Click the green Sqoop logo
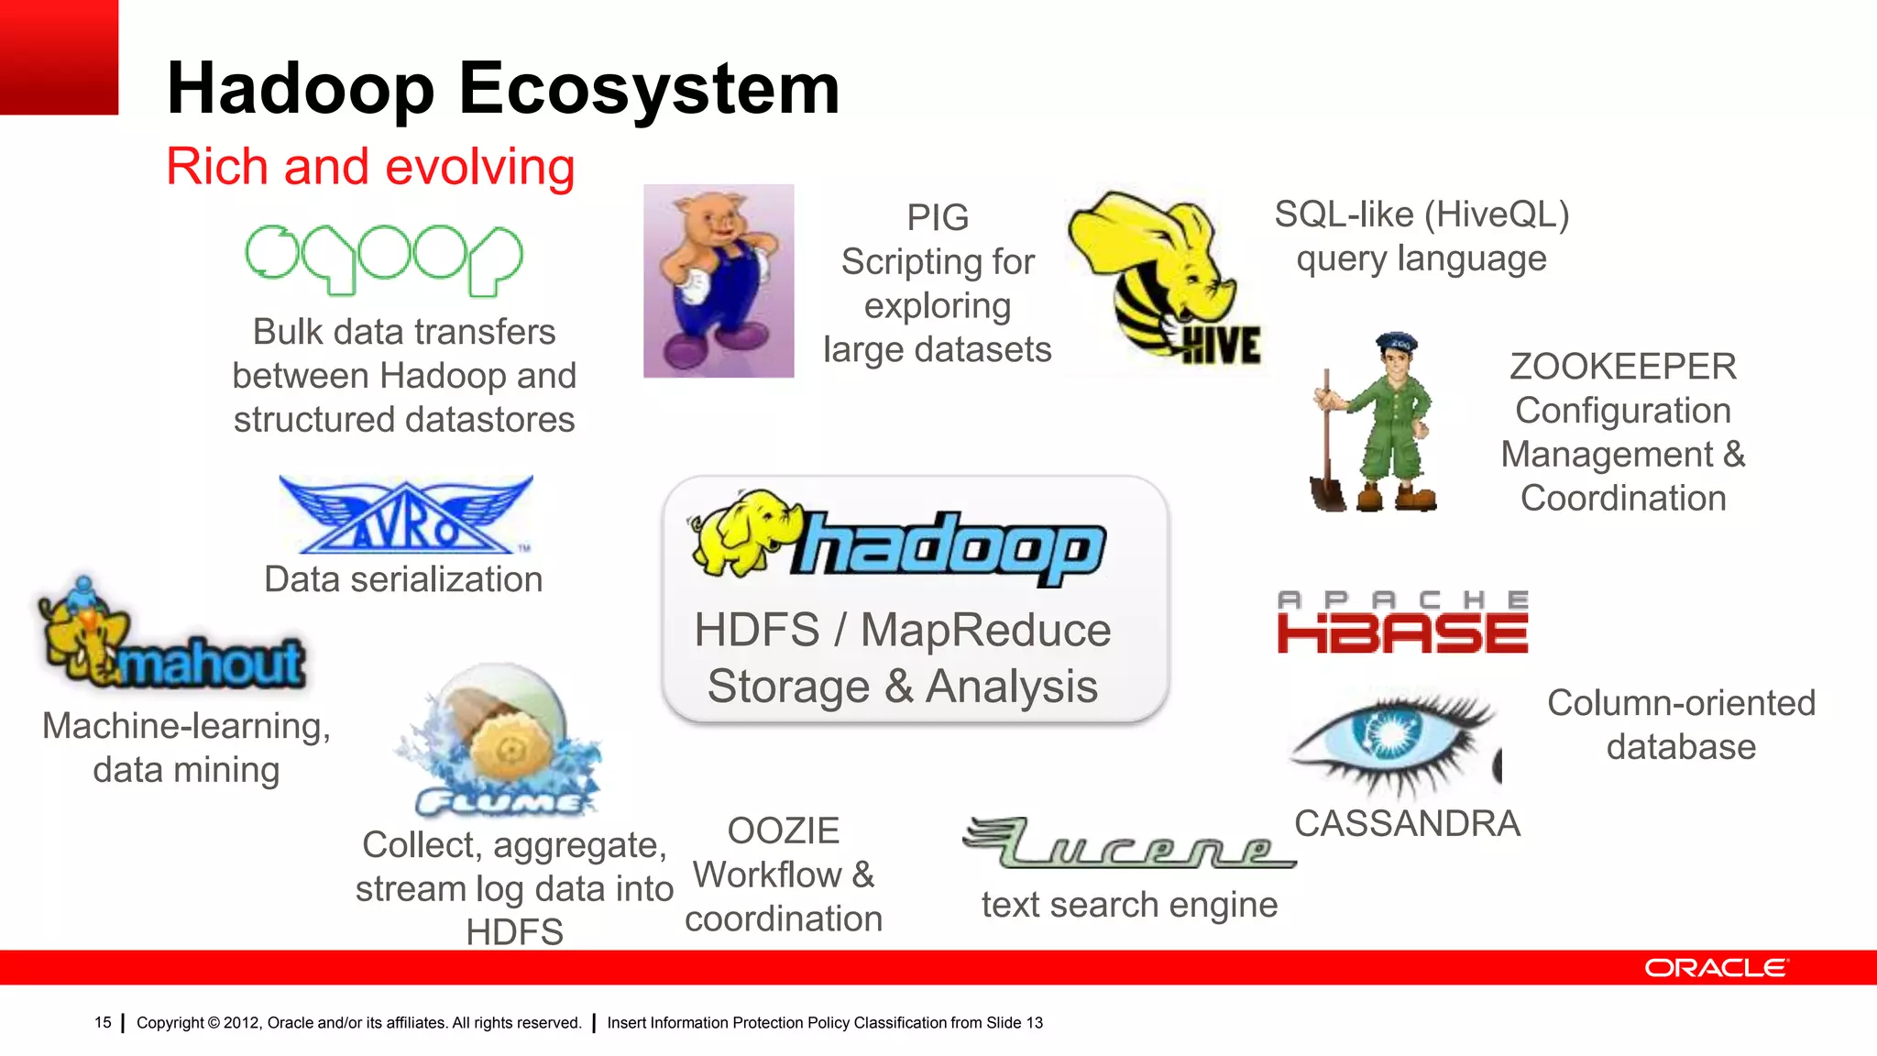click(x=384, y=259)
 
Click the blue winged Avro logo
click(x=405, y=516)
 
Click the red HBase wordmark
click(x=1402, y=633)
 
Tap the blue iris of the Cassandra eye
click(x=1391, y=731)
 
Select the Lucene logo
click(x=1129, y=844)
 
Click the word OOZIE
click(x=784, y=830)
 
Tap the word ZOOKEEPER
click(x=1622, y=367)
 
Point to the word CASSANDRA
click(x=1407, y=823)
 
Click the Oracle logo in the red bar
click(x=1715, y=968)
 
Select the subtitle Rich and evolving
click(x=370, y=167)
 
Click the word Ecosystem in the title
click(x=649, y=89)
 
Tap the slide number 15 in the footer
click(x=103, y=1022)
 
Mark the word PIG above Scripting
click(x=938, y=218)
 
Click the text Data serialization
click(x=403, y=579)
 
